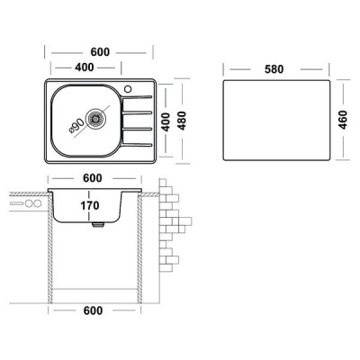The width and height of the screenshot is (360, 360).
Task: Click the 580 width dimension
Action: pyautogui.click(x=274, y=69)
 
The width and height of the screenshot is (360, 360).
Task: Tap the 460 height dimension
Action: pyautogui.click(x=343, y=120)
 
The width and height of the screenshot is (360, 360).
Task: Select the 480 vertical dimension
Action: pyautogui.click(x=182, y=121)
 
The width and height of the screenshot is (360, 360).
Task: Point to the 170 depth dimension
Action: pyautogui.click(x=90, y=206)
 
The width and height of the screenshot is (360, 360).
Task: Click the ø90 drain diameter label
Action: pyautogui.click(x=76, y=126)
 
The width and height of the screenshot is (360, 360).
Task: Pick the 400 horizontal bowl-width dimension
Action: pyautogui.click(x=85, y=67)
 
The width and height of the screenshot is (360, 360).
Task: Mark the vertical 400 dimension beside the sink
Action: pyautogui.click(x=166, y=122)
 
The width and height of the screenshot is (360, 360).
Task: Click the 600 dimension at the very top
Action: pyautogui.click(x=100, y=52)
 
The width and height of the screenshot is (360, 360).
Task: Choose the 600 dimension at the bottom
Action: pyautogui.click(x=93, y=310)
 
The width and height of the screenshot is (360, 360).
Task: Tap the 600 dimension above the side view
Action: pyautogui.click(x=93, y=178)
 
